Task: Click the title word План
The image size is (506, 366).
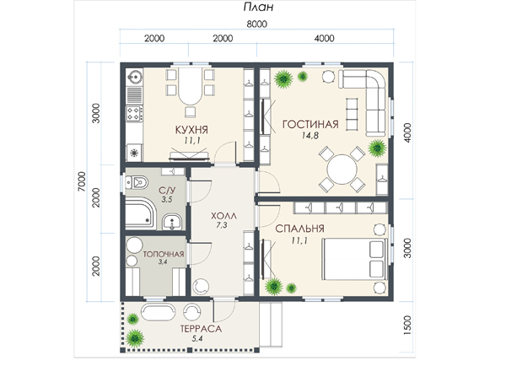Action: coord(258,7)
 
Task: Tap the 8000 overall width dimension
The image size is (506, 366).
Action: coord(257,24)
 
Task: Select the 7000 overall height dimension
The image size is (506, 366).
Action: coord(82,181)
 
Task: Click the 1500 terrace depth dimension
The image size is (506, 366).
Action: coord(408,325)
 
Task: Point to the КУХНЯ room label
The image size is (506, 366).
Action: coord(191,130)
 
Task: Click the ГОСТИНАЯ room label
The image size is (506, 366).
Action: coord(310,124)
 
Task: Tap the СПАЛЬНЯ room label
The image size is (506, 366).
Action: coord(299,229)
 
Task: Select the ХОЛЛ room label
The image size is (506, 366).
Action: coord(223,216)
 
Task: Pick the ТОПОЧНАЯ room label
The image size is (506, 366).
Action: coord(164,255)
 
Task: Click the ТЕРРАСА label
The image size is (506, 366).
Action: coord(201,329)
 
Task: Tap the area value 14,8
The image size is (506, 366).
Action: coord(310,136)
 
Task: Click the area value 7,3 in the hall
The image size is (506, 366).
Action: coord(222,225)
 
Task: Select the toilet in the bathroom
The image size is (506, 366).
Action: coord(137,182)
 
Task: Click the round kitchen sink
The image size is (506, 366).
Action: coord(135,77)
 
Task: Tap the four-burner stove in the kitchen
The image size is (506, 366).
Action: coord(134,114)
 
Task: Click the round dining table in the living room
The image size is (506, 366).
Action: coord(342,170)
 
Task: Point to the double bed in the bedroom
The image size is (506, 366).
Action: coord(355,259)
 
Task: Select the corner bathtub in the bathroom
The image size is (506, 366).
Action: coord(141,214)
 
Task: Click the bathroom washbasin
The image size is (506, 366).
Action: coord(172,223)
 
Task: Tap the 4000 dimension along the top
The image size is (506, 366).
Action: coord(325,39)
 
